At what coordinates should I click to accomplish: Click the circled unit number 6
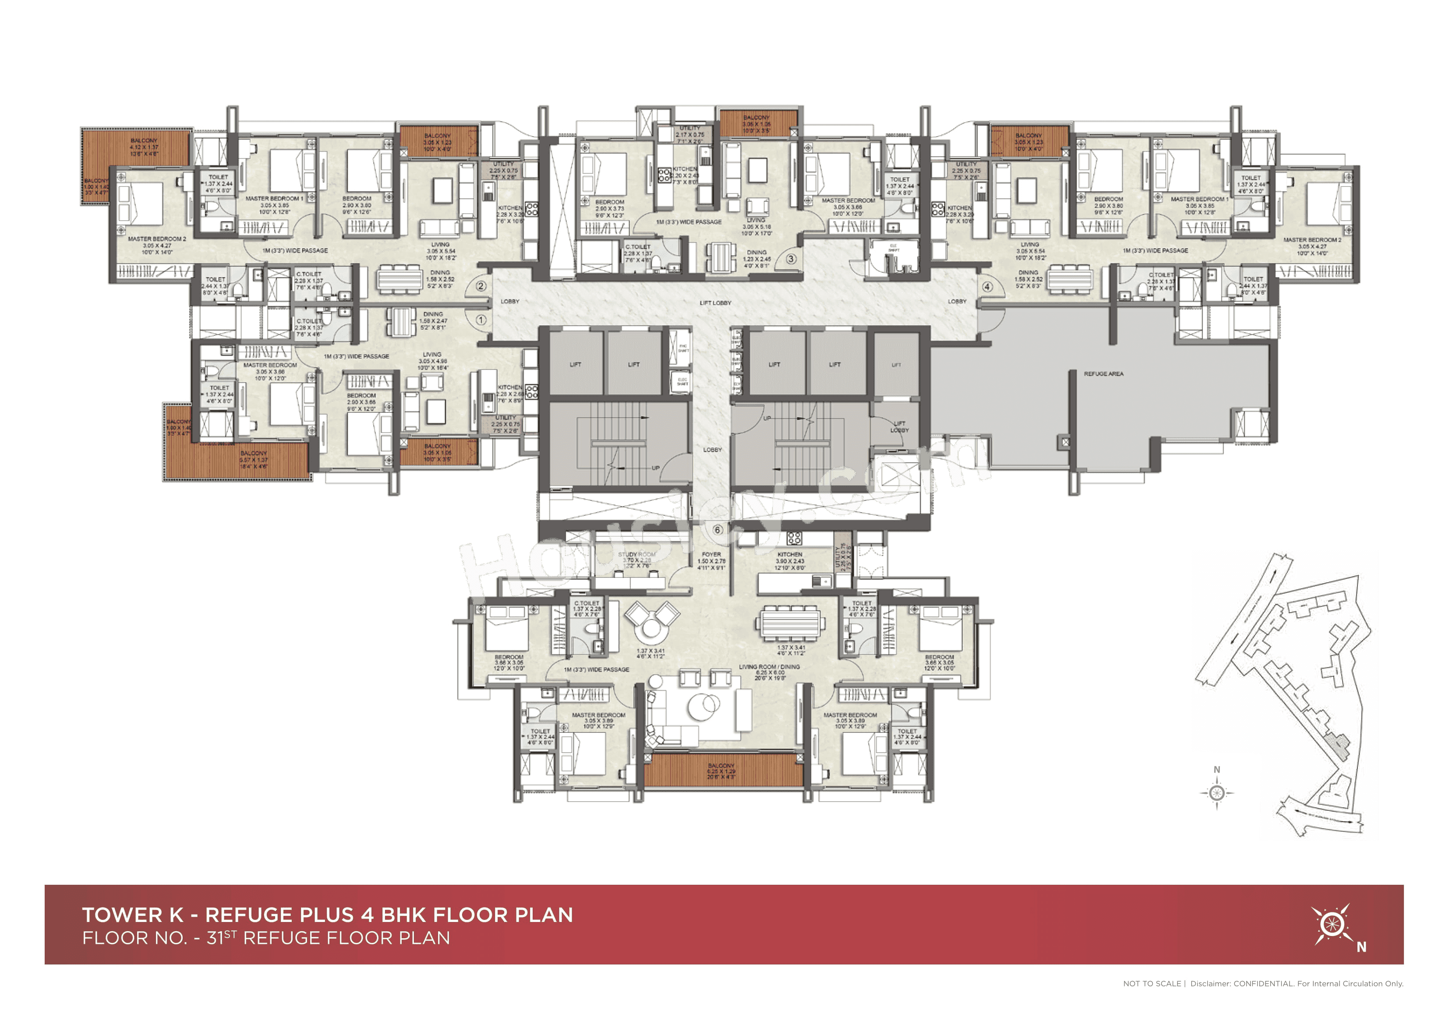717,530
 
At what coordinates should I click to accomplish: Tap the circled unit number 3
791,259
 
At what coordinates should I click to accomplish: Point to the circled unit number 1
481,320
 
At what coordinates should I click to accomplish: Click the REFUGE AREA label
1104,374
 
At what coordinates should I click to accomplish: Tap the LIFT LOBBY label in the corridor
715,303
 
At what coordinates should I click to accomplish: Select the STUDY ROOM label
637,555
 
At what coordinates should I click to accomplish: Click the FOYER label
711,555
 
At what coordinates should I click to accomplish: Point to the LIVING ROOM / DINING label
769,667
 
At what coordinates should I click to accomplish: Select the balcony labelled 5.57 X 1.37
253,459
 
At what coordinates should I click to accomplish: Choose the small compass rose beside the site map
1217,793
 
